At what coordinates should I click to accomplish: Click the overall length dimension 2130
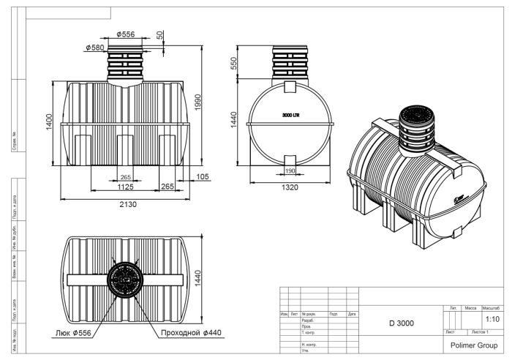[x=129, y=204]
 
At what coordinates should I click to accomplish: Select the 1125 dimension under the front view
[x=125, y=187]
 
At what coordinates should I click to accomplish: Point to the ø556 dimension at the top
[x=127, y=34]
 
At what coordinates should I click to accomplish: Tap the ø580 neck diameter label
[x=96, y=48]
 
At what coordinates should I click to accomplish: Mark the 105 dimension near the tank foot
[x=203, y=177]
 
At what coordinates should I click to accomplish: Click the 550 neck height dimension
[x=234, y=64]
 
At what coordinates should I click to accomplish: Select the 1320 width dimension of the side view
[x=289, y=188]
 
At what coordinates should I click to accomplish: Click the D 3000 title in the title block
[x=402, y=323]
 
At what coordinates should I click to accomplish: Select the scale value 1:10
[x=492, y=320]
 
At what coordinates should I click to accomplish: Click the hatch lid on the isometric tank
[x=418, y=117]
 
